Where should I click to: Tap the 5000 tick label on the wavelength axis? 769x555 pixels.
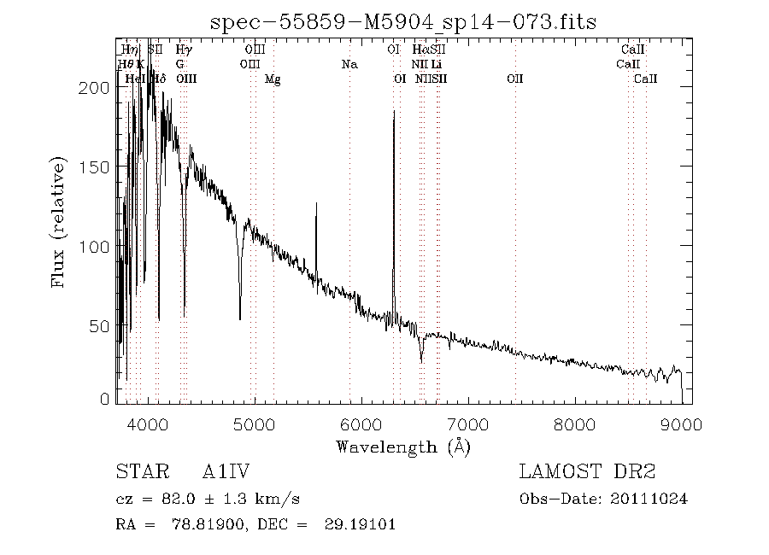[x=254, y=424]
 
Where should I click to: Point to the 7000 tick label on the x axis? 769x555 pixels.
[x=467, y=424]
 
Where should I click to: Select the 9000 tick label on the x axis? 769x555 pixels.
[x=681, y=424]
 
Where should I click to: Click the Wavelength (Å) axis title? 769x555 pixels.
[x=403, y=447]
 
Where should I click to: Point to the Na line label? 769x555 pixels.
[x=349, y=64]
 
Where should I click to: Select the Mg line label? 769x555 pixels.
[x=273, y=79]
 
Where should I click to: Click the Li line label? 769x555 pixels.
[x=437, y=64]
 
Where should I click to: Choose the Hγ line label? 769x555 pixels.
[x=184, y=50]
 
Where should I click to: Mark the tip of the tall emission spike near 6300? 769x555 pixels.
[x=394, y=111]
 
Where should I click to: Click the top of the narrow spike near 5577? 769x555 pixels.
[x=316, y=203]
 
